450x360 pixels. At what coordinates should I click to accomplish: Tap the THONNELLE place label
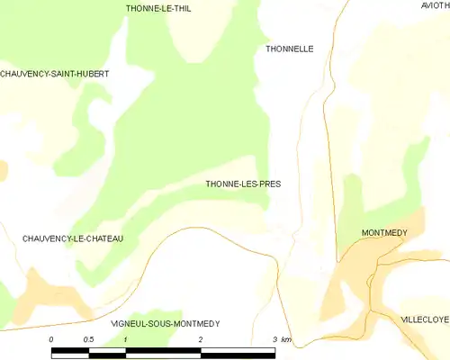(290, 49)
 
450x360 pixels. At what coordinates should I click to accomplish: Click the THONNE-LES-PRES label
(243, 184)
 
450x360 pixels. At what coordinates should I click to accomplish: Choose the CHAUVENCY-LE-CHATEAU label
(73, 238)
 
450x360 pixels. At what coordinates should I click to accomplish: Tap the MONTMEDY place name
(384, 233)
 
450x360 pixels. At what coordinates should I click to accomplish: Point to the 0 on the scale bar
(52, 339)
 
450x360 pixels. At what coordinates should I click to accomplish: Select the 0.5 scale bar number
(88, 339)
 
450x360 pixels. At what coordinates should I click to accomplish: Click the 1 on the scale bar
(126, 339)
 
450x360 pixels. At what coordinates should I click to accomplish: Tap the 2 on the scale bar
(201, 339)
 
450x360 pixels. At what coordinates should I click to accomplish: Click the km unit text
(286, 339)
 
